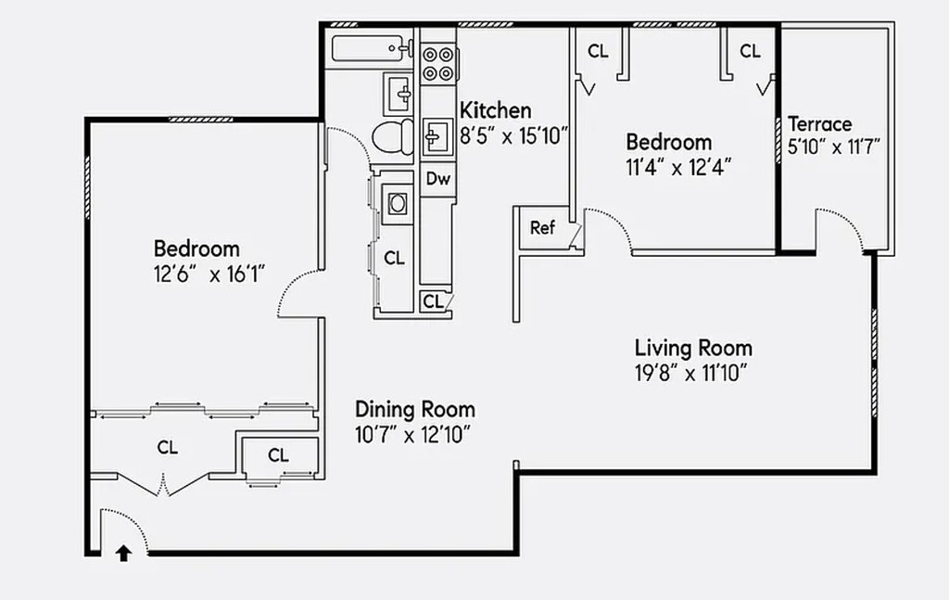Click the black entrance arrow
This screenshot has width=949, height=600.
pos(123,554)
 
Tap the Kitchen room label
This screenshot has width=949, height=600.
pos(496,110)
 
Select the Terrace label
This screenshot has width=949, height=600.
pos(820,124)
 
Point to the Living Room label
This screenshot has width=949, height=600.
pos(693,348)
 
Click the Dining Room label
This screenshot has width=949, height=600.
pos(414,409)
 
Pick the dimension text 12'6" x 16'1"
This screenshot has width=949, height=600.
pos(209,274)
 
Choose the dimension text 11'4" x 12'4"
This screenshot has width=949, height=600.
pos(679,167)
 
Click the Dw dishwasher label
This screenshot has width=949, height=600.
pos(438,179)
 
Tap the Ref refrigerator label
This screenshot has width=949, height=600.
pos(542,227)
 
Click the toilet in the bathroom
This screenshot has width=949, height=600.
pos(392,137)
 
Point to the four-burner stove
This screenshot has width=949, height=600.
pos(438,64)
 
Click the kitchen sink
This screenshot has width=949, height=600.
pos(437,137)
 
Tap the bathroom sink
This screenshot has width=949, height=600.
pos(399,94)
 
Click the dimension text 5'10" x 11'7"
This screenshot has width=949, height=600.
pos(834,147)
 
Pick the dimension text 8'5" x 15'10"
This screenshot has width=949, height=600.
pos(514,135)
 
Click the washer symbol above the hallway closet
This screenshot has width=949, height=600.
pos(397,203)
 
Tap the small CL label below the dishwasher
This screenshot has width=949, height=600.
pos(434,301)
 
